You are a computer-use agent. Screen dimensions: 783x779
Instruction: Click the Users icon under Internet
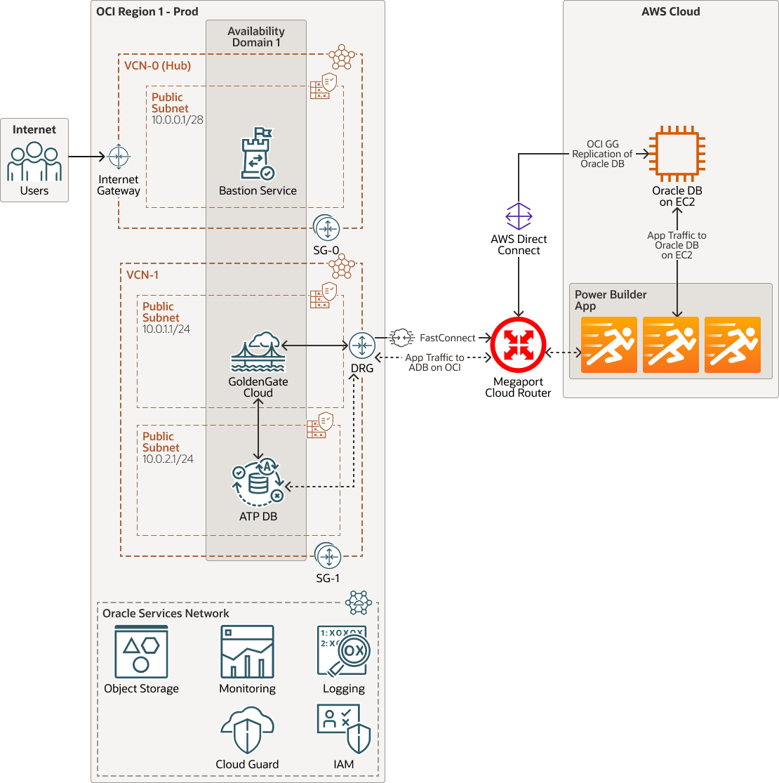pos(34,162)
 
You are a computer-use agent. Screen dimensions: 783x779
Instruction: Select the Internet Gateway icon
pos(118,157)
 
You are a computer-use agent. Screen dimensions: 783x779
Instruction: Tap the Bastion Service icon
pos(258,154)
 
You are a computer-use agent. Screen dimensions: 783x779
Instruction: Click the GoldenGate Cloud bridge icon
pos(258,352)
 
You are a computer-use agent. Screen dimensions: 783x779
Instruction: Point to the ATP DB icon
pos(258,482)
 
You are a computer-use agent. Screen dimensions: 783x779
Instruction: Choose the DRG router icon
pos(362,345)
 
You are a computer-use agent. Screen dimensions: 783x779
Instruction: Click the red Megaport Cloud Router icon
pos(518,344)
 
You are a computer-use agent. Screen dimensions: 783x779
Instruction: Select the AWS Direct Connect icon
pos(519,216)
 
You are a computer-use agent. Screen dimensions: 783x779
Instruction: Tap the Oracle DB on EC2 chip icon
pos(677,153)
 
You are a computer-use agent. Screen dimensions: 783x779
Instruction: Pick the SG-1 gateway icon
pos(328,556)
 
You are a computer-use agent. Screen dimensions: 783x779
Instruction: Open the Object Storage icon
pos(141,652)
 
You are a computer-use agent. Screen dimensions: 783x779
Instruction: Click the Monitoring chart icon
pos(247,652)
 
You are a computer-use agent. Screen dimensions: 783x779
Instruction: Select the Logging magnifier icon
pos(342,652)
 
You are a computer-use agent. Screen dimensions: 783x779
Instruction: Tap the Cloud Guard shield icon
pos(247,731)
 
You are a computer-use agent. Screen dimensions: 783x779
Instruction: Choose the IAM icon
pos(343,730)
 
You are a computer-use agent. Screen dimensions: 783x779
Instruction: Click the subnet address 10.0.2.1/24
pos(168,459)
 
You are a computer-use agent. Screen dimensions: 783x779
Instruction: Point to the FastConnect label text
pos(447,338)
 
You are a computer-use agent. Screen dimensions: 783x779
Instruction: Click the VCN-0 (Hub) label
pos(158,66)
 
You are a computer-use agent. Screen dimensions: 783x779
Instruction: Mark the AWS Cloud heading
pos(670,11)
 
